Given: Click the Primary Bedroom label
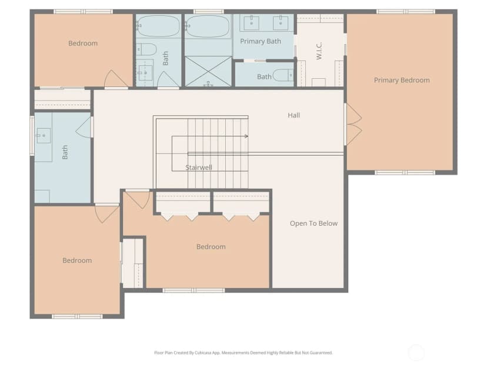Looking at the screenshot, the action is [x=402, y=80].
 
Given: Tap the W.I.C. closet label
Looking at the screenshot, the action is [x=319, y=51].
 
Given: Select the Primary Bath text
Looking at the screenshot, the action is [x=261, y=41].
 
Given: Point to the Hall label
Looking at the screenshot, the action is [x=293, y=115].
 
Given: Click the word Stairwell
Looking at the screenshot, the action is [x=199, y=168].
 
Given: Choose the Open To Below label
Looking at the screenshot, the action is [x=313, y=223].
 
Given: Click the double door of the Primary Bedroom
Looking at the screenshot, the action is [x=353, y=124].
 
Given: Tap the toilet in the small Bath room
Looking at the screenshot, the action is [x=283, y=75].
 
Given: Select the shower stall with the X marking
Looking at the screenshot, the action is [x=208, y=71].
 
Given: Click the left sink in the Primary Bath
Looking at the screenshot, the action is [x=251, y=23].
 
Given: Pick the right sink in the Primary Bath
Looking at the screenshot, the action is [x=281, y=23].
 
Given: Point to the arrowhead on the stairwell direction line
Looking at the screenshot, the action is [x=246, y=136].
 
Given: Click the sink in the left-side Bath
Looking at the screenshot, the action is [x=44, y=136].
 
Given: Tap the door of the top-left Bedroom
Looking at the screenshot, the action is [x=115, y=79].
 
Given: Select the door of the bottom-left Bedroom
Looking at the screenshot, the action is [x=106, y=213].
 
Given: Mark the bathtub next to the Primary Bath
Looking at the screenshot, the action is [x=208, y=26].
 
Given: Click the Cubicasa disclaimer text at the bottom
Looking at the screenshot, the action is [x=243, y=353].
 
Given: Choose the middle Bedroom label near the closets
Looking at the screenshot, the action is [x=211, y=247].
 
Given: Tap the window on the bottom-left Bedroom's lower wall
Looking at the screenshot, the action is [x=77, y=317].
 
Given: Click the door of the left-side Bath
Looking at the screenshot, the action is [x=84, y=128].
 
